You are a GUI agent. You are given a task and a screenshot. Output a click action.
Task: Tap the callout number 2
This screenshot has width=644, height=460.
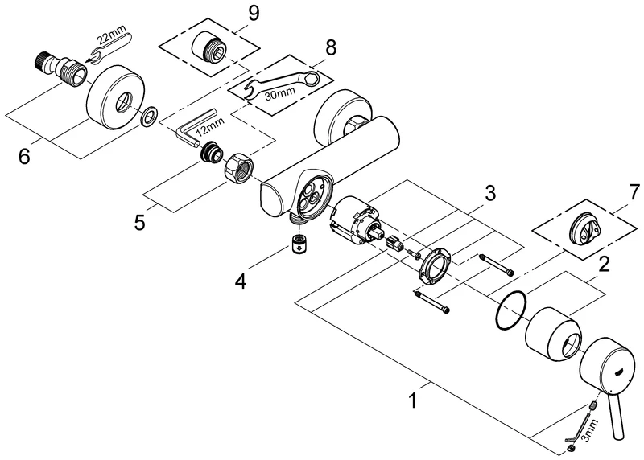pos(602,262)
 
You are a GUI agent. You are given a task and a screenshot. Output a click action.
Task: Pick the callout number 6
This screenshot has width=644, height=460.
pos(25,154)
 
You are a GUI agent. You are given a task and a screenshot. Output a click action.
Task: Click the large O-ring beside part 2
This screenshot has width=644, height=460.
pos(509,310)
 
